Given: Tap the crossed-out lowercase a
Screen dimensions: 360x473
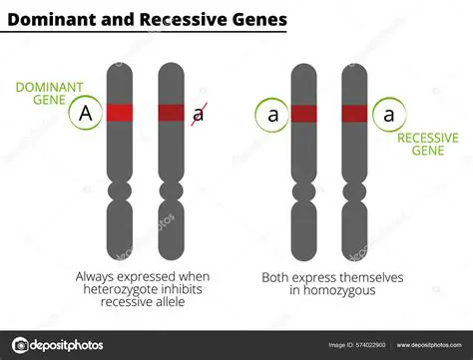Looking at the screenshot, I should click(199, 114).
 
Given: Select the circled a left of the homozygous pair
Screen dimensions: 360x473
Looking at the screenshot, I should click(271, 114).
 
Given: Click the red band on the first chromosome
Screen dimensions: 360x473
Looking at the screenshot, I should click(119, 114).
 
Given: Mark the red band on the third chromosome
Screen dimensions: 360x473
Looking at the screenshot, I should click(304, 114).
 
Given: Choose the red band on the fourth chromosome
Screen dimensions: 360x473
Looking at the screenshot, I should click(356, 114).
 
